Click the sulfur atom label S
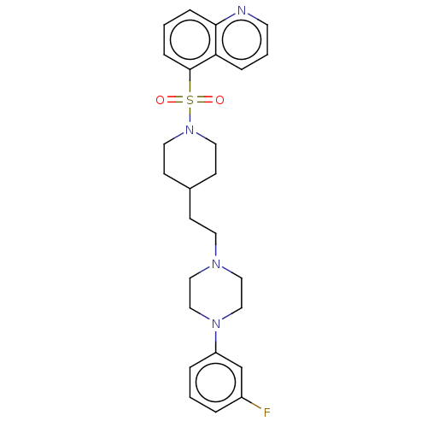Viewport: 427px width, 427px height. [190, 100]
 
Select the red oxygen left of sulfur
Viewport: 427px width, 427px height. [160, 100]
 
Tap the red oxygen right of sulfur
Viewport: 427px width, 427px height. [219, 100]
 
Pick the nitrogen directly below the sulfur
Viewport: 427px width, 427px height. [190, 131]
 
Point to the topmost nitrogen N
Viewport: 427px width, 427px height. [242, 11]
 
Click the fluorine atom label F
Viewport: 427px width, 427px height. [266, 412]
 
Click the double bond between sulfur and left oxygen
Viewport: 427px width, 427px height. [174, 100]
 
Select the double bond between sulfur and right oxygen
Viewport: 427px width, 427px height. [205, 100]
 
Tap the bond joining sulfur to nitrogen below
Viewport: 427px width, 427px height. [190, 115]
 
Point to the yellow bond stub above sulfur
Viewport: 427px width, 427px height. [190, 86]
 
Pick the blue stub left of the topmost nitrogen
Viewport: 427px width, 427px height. [230, 15]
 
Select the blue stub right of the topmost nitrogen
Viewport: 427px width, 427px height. [254, 15]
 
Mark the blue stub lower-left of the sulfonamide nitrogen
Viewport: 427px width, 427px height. [178, 137]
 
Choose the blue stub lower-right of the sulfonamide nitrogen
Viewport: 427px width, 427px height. [202, 137]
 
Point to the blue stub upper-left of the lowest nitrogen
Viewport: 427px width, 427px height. [205, 317]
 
